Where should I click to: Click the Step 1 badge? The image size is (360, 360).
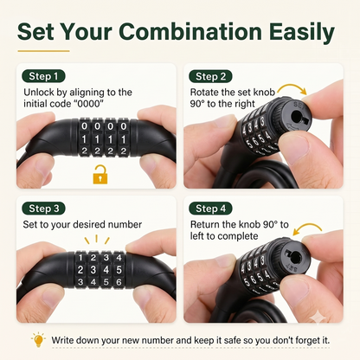click(43, 76)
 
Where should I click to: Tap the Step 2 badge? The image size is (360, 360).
click(210, 76)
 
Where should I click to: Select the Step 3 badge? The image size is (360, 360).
click(43, 209)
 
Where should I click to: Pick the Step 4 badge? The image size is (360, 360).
click(210, 209)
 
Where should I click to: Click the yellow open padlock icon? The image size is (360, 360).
click(100, 175)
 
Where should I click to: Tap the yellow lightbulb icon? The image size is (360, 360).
click(38, 340)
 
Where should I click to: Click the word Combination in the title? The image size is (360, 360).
click(190, 31)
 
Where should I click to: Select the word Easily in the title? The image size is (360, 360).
click(302, 33)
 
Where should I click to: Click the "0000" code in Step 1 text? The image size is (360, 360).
click(90, 104)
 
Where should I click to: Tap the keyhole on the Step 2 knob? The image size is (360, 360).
click(298, 118)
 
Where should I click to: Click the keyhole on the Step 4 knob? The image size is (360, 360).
click(296, 256)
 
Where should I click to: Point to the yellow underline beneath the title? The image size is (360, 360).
click(43, 51)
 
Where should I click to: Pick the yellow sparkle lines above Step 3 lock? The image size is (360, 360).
click(97, 240)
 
